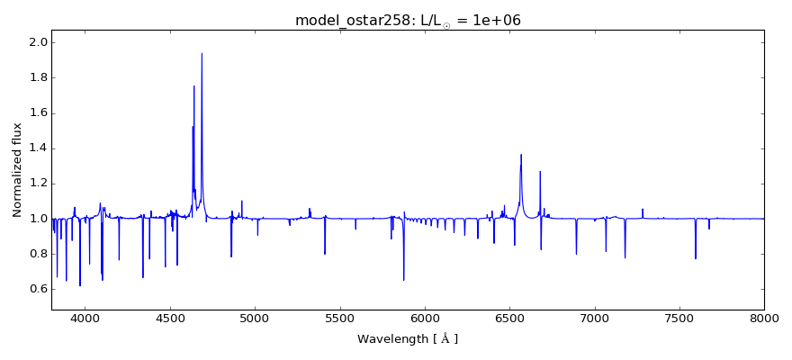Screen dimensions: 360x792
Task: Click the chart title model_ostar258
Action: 351,21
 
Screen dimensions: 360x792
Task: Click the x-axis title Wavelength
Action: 407,339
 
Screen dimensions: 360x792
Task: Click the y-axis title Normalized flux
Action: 17,170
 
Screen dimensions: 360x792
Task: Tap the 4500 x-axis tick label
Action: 170,319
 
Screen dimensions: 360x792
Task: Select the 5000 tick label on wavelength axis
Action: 255,319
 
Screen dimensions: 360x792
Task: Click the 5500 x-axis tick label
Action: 340,319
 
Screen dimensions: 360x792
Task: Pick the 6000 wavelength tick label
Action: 425,319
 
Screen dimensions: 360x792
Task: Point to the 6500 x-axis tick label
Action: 509,319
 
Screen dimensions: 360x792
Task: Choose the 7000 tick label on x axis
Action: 595,319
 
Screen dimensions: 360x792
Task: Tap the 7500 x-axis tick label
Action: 679,319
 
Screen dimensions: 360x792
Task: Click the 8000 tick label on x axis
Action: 764,319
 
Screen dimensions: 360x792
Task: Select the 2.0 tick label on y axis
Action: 37,42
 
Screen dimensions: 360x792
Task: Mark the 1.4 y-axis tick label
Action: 37,148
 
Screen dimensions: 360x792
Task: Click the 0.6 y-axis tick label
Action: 37,289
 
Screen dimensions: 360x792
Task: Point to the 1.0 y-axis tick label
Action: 37,219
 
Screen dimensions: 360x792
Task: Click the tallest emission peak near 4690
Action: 202,54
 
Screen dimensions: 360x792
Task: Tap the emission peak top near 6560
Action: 521,155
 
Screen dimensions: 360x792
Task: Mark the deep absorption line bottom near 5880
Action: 404,279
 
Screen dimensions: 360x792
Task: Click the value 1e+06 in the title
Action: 490,21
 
